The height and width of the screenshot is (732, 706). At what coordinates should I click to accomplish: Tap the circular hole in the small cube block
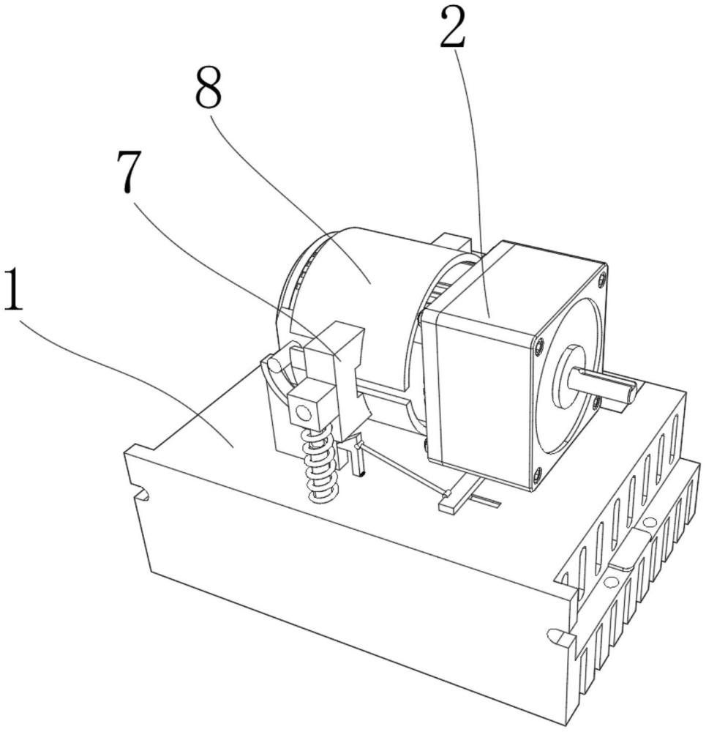302,412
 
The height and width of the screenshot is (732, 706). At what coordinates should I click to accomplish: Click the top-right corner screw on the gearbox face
601,279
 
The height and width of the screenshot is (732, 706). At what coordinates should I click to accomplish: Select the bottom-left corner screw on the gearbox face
538,476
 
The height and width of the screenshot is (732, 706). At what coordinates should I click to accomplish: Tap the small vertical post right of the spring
358,457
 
